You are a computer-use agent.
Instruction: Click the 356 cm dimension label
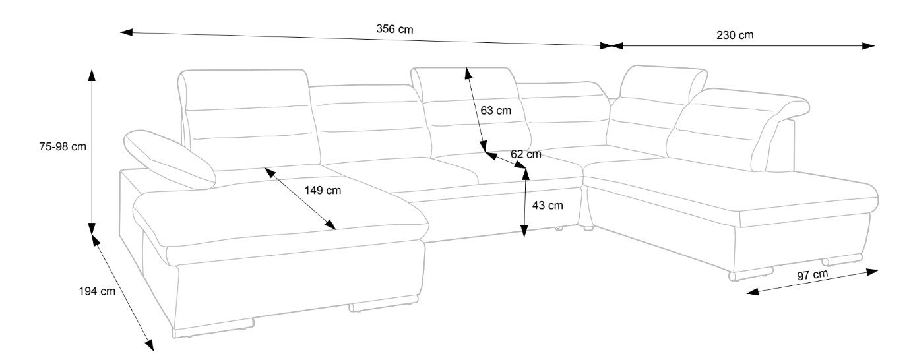(x=395, y=30)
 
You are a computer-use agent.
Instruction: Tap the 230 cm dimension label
(x=735, y=35)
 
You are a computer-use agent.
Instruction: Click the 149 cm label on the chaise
(x=323, y=191)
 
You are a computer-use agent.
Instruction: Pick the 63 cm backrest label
(x=495, y=111)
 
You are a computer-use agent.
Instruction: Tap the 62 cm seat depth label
(x=526, y=154)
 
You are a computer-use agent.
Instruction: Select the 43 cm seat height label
(x=547, y=205)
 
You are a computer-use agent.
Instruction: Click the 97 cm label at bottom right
(x=812, y=274)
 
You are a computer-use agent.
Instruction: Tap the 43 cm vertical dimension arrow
(x=524, y=204)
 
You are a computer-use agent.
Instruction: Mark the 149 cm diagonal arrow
(x=301, y=198)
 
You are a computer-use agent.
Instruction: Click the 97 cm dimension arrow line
(x=813, y=283)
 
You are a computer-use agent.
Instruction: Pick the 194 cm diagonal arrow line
(x=122, y=291)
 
